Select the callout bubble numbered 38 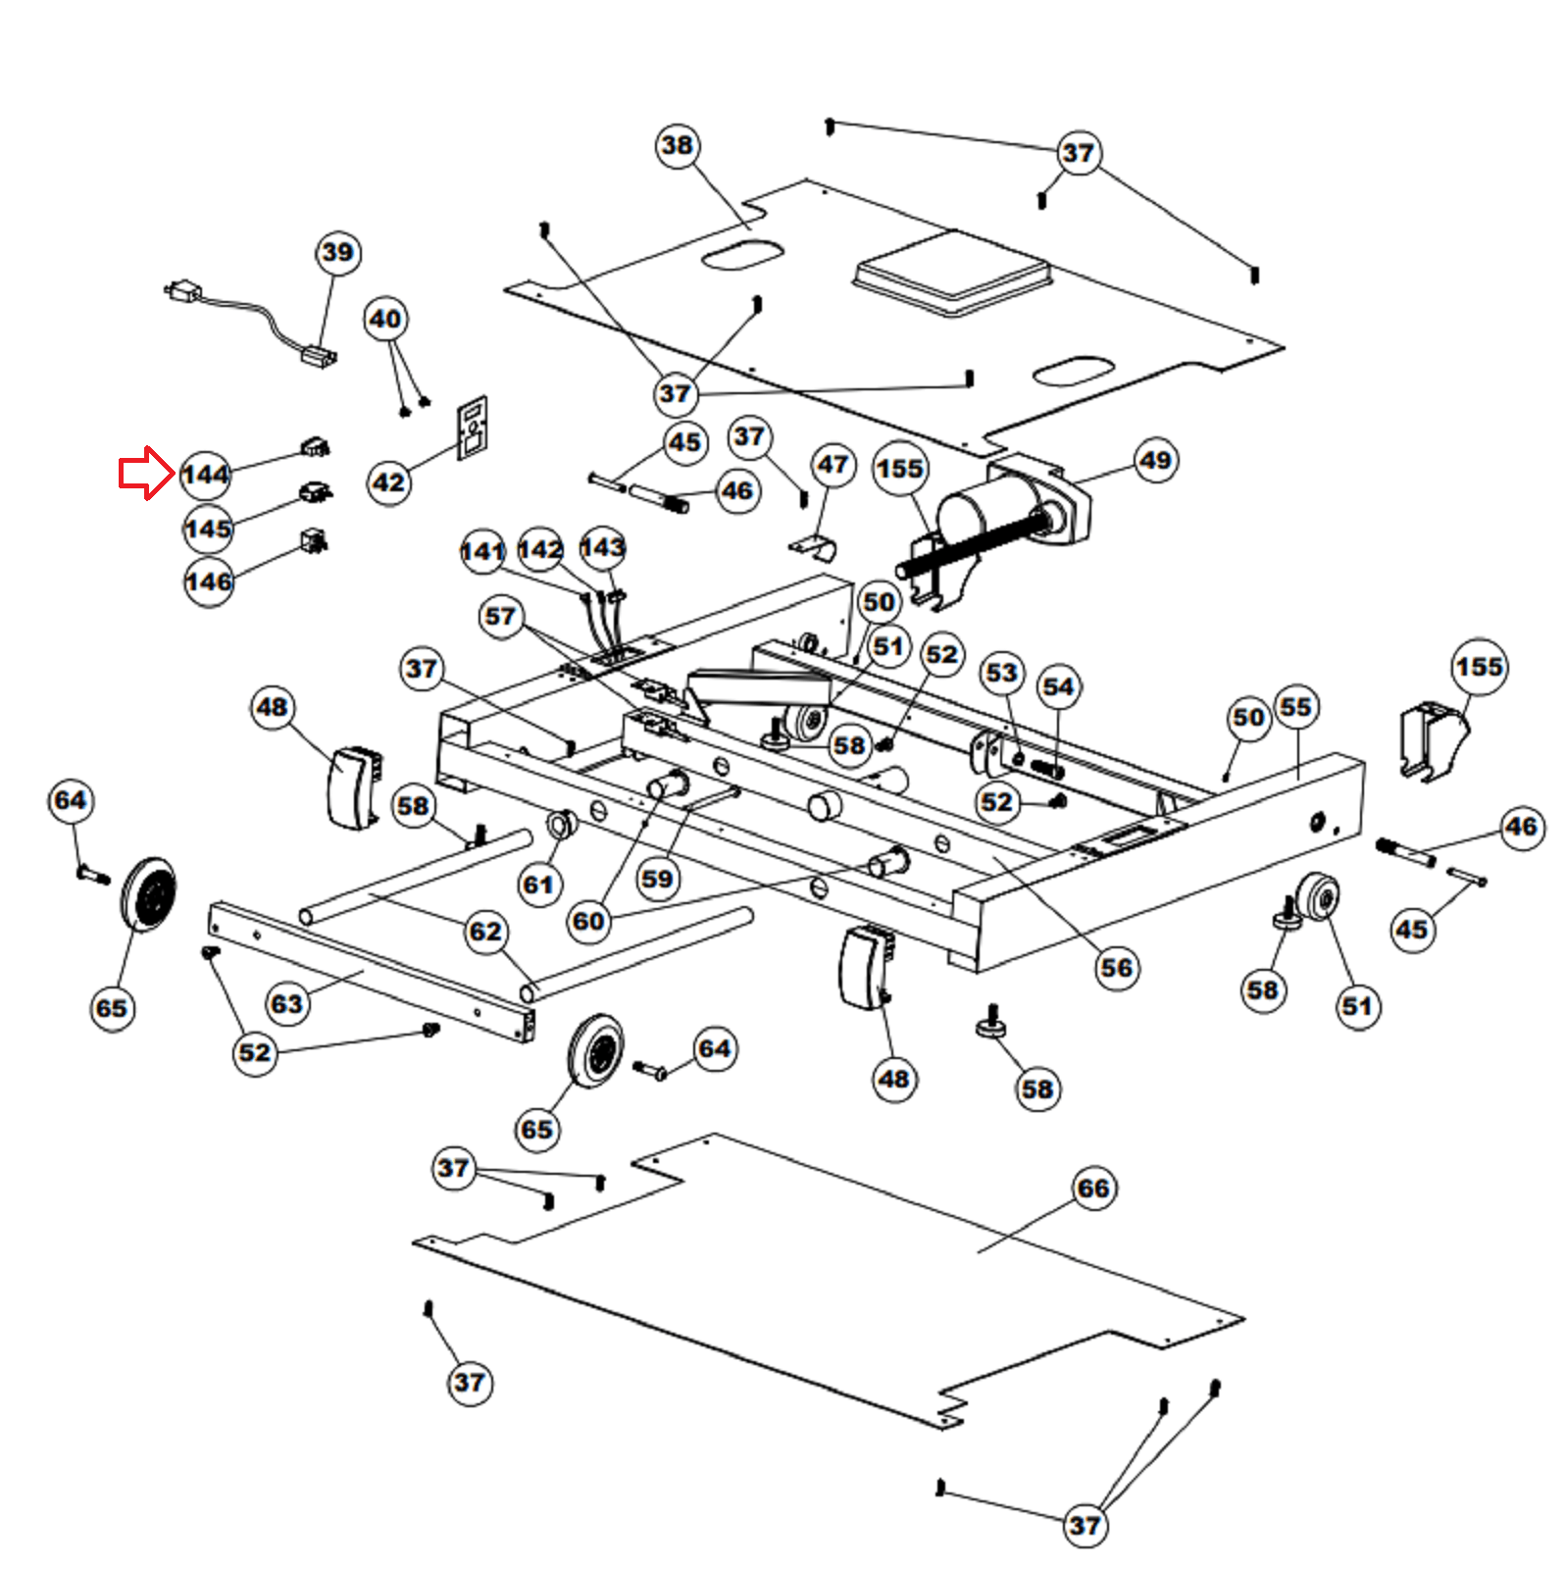click(x=677, y=146)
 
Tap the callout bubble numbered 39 click(x=338, y=253)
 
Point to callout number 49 click(x=1155, y=461)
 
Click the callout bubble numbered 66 click(x=1093, y=1189)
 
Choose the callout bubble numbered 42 click(x=389, y=482)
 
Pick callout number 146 click(x=209, y=582)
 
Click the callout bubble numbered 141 click(x=482, y=551)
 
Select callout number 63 click(x=286, y=1004)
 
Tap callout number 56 click(x=1116, y=969)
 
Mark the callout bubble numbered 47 click(x=833, y=465)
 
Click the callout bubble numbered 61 click(x=538, y=886)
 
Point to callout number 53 click(x=1001, y=674)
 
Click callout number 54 click(x=1058, y=687)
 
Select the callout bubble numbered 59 click(x=657, y=880)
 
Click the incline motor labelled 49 click(x=990, y=520)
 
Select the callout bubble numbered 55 click(x=1295, y=707)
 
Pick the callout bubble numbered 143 click(x=602, y=547)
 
